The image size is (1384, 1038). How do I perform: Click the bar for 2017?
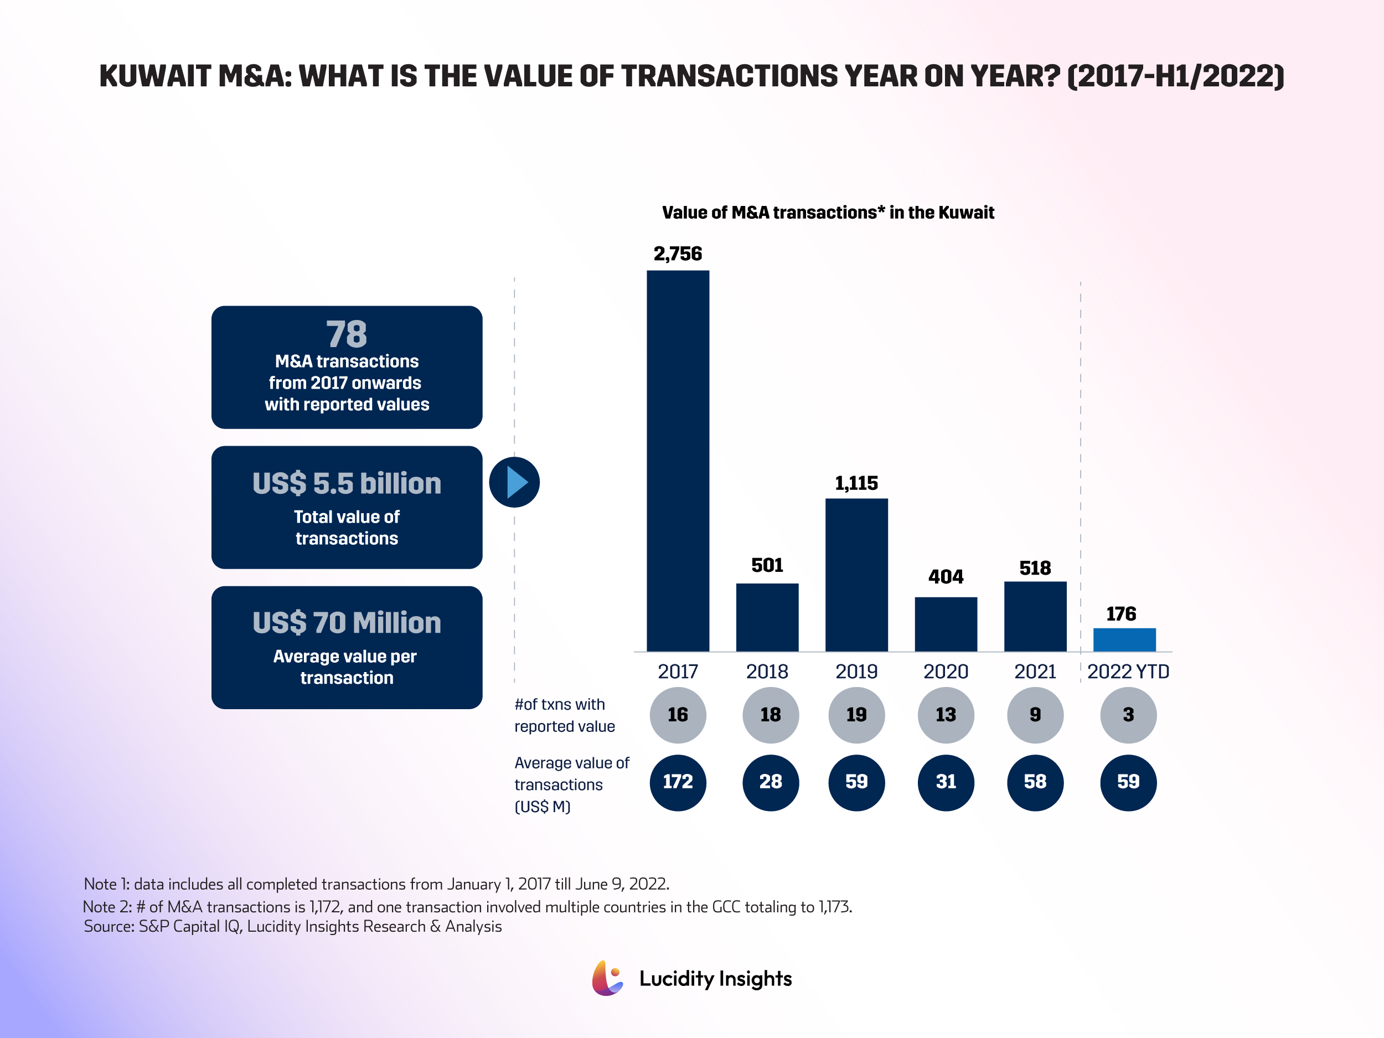(x=678, y=461)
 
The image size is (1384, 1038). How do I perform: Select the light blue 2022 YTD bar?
(x=1124, y=639)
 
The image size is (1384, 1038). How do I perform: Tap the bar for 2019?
(x=856, y=575)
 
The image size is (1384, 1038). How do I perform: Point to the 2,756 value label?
(x=678, y=254)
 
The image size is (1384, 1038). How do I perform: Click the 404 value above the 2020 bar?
(x=946, y=576)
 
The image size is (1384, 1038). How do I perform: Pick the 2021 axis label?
(x=1035, y=672)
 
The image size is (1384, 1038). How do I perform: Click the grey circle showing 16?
(x=678, y=715)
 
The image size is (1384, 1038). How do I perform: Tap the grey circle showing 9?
(x=1035, y=715)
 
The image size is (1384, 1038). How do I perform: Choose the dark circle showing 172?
(x=678, y=782)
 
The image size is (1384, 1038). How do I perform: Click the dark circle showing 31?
(x=946, y=782)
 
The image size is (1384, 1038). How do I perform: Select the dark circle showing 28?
(x=770, y=782)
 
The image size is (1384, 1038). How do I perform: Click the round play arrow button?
(x=514, y=482)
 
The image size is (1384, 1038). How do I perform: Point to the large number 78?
(x=346, y=334)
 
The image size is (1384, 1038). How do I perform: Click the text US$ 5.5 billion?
(x=347, y=484)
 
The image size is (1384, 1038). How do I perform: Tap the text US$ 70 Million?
(x=347, y=623)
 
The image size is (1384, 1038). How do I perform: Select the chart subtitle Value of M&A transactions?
(x=827, y=213)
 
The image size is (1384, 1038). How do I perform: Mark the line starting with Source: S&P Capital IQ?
(x=292, y=927)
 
